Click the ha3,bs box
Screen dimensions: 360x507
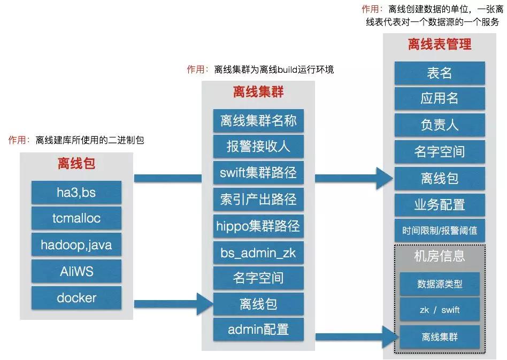point(76,192)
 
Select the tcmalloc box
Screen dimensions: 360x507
point(76,218)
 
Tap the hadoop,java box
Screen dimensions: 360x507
point(76,245)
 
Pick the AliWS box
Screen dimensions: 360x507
point(76,271)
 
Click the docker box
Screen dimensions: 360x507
point(76,297)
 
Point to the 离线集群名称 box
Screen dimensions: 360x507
point(258,120)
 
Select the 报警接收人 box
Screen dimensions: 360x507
point(258,147)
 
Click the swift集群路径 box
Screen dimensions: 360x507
point(258,173)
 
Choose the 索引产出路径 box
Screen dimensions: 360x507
point(258,199)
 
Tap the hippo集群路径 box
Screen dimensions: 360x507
point(258,225)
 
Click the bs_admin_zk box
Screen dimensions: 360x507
point(258,251)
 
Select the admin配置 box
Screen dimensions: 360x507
point(258,330)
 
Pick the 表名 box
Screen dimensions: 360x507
point(440,73)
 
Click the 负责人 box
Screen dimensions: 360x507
point(440,126)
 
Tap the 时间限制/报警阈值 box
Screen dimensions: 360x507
point(440,231)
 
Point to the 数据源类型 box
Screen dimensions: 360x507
point(440,284)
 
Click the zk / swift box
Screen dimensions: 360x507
point(440,310)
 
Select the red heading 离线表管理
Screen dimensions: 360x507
point(440,44)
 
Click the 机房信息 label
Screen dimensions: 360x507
point(440,257)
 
